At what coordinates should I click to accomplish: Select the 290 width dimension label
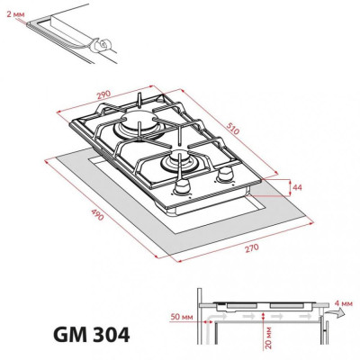[105, 92]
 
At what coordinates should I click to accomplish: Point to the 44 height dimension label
[297, 187]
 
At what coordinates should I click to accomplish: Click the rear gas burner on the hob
[141, 127]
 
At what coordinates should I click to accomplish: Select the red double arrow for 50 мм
[205, 318]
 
